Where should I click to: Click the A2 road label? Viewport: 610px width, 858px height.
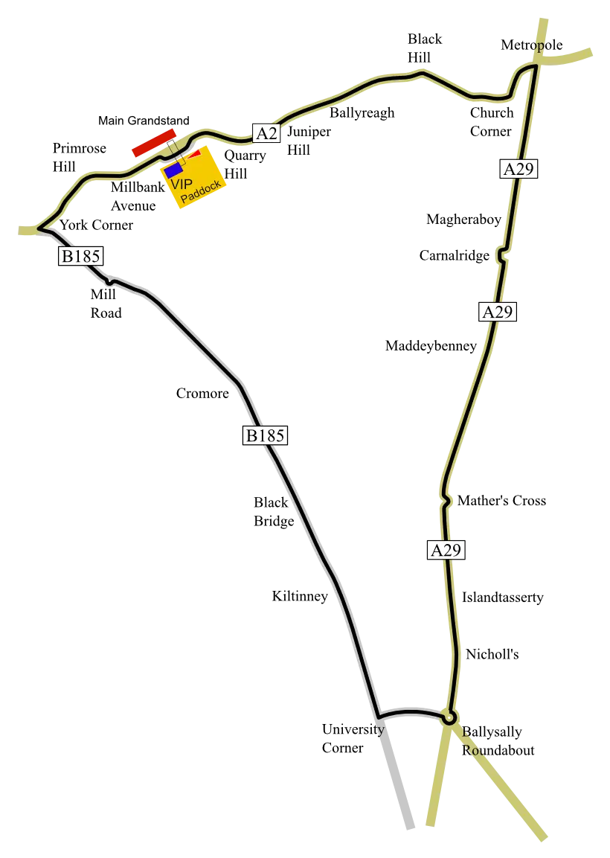[266, 133]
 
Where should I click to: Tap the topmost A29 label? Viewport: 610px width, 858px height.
[518, 169]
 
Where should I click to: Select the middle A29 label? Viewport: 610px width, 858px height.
[497, 312]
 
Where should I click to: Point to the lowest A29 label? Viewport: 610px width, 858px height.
[446, 550]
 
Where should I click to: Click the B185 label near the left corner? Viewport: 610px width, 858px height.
[80, 257]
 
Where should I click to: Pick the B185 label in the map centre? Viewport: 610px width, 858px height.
[265, 435]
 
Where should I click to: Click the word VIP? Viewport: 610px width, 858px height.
[181, 184]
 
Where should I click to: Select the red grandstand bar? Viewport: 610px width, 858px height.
[154, 142]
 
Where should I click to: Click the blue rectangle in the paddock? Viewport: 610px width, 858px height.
[174, 170]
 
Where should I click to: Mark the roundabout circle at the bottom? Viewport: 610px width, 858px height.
[449, 719]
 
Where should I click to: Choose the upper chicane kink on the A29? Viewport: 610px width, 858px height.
[503, 255]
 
